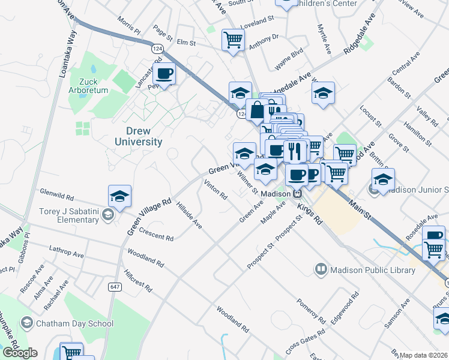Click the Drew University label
(x=138, y=136)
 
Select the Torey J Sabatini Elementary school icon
(x=108, y=215)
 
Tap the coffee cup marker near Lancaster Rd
(x=164, y=74)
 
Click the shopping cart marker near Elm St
(x=233, y=41)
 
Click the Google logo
(x=20, y=353)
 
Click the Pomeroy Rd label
(x=311, y=310)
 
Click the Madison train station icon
(x=297, y=194)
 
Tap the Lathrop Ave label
(x=67, y=253)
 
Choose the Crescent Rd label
(x=156, y=234)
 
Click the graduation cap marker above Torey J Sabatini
(x=119, y=196)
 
